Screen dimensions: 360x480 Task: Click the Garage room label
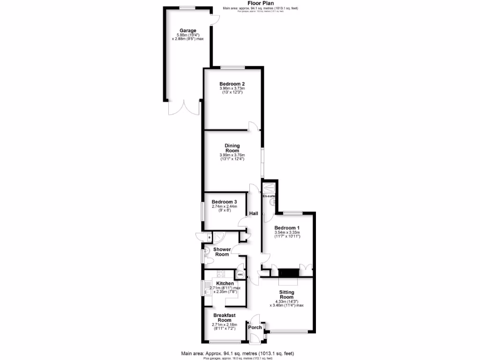coord(187,31)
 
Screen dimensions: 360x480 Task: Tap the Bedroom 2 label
coord(232,84)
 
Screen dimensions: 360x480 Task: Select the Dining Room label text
coord(232,148)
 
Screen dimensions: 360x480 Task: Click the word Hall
coord(254,214)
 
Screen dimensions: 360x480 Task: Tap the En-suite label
coord(268,196)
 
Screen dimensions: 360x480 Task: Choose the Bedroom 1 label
coord(287,227)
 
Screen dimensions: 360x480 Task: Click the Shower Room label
coord(222,252)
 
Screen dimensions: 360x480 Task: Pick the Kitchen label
coord(225,284)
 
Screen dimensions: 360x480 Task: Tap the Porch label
coord(255,327)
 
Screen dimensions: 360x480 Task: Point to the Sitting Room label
coord(286,294)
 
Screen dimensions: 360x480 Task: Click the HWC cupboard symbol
coord(240,274)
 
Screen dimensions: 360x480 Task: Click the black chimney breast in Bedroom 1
coord(288,273)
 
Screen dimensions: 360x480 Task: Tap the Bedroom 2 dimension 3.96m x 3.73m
coord(232,89)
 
